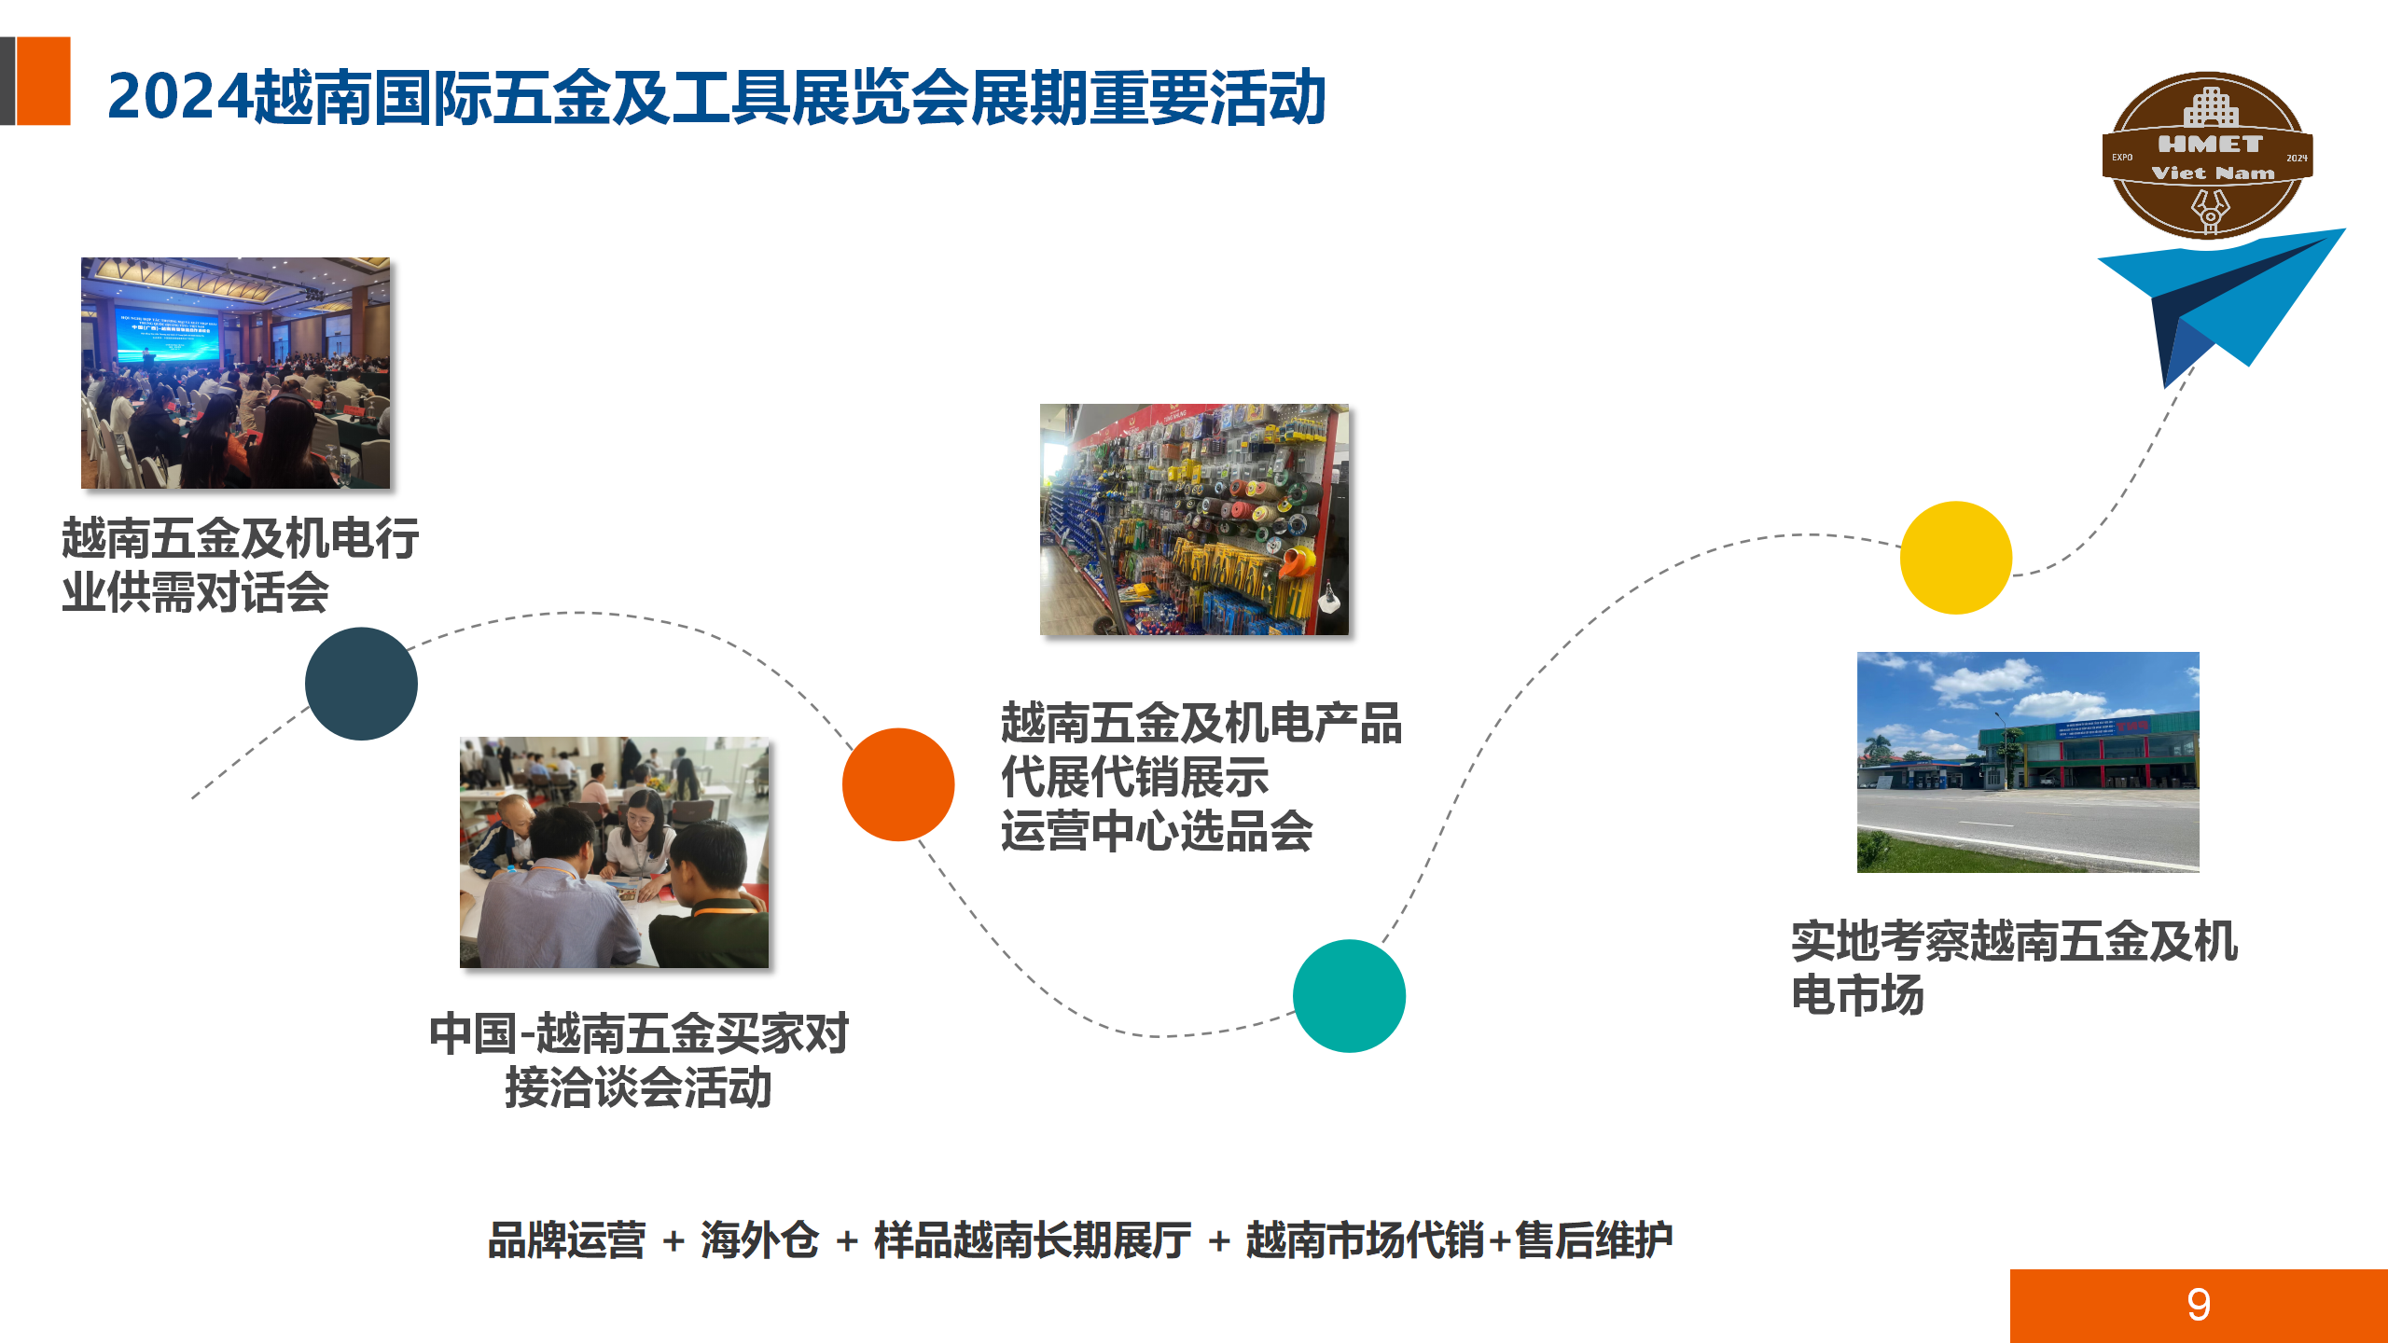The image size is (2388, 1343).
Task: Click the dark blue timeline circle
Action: tap(361, 684)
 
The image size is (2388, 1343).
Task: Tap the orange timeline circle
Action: tap(897, 784)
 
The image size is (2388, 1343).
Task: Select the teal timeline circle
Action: tap(1349, 996)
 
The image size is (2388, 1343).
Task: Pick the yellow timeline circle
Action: tap(1956, 558)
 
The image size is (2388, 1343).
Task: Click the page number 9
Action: tap(2198, 1305)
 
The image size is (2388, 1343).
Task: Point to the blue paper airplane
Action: tap(2229, 298)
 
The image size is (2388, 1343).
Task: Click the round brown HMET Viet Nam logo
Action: tap(2207, 155)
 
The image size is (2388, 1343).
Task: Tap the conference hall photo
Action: tap(235, 373)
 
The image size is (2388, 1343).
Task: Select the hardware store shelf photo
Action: tap(1194, 519)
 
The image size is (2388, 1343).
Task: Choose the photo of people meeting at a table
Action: tap(614, 852)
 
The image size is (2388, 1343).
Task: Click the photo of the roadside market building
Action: tap(2028, 762)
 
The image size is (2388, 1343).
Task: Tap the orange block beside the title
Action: tap(43, 80)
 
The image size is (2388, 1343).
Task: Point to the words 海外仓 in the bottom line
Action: tap(759, 1240)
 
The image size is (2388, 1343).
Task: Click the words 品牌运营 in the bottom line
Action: tap(566, 1240)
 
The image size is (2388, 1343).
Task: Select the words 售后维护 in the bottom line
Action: tap(1593, 1240)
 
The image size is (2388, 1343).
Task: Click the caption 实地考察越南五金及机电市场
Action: tap(2013, 967)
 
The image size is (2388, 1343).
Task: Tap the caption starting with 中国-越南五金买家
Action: tap(639, 1060)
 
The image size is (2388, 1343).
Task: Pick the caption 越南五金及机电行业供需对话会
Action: tap(240, 565)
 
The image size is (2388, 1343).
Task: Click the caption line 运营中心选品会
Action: tap(1157, 831)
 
